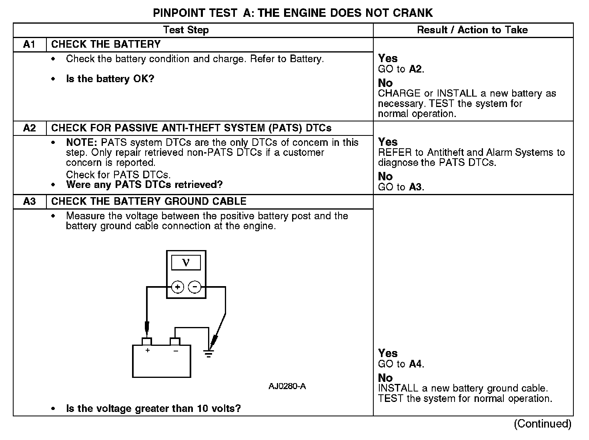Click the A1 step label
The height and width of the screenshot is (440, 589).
point(30,44)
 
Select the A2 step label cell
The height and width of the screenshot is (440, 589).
point(30,128)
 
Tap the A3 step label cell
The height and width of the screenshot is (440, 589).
point(30,202)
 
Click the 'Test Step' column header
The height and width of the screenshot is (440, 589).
point(186,30)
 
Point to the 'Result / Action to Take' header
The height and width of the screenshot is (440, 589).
point(472,30)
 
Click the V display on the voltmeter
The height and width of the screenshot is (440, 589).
point(186,263)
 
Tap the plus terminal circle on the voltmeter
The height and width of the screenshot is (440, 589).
point(178,287)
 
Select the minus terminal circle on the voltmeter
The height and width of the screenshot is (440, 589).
point(194,287)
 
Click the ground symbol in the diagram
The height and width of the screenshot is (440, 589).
point(208,353)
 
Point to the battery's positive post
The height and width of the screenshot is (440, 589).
point(147,341)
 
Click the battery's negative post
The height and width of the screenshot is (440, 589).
point(175,341)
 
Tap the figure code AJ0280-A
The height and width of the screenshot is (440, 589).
point(287,386)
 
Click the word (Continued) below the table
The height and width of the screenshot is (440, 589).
point(542,424)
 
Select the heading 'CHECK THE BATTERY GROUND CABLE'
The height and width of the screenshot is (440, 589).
point(149,202)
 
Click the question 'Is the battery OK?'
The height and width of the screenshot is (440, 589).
point(110,79)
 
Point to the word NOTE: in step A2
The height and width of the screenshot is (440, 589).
point(82,143)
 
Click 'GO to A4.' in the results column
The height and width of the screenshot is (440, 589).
point(401,364)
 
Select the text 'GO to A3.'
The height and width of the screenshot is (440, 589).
point(401,187)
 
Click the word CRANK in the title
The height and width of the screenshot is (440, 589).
point(413,13)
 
